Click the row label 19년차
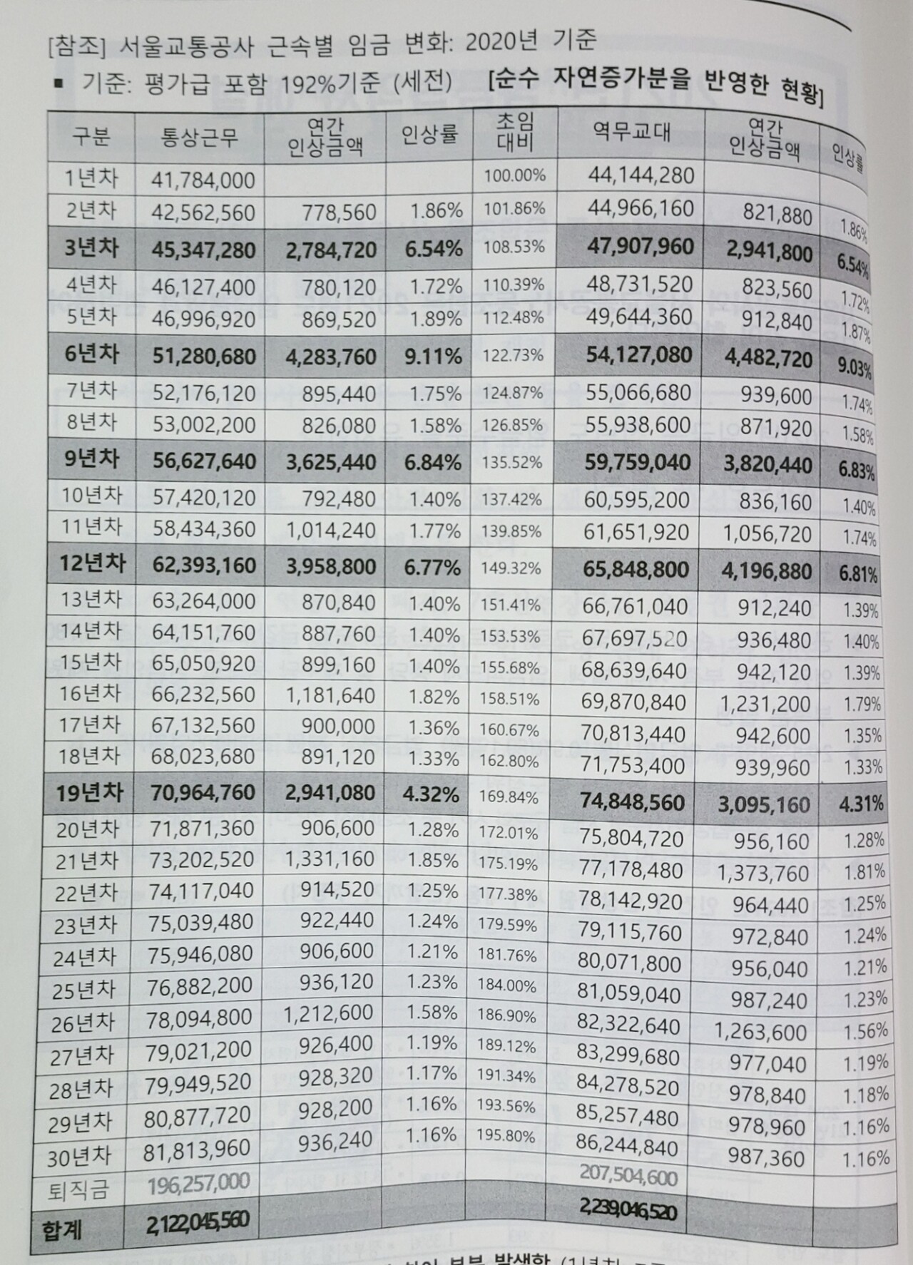click(x=90, y=792)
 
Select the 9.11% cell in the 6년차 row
click(x=433, y=355)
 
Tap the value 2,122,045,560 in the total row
click(x=197, y=1221)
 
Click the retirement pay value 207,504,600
click(x=628, y=1177)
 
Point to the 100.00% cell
click(x=515, y=175)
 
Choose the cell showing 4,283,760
click(x=330, y=356)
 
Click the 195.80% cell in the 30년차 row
click(x=508, y=1136)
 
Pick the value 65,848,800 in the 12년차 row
click(x=636, y=569)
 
